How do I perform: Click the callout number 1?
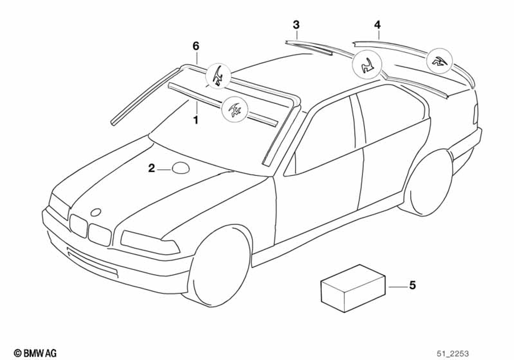coord(195,120)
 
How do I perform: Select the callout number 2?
coord(152,168)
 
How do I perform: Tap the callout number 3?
coord(296,25)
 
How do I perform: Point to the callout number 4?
coord(378,24)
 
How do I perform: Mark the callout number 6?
coord(195,46)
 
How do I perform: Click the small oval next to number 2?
coord(179,168)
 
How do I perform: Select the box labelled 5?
coord(353,288)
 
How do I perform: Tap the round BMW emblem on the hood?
coord(96,212)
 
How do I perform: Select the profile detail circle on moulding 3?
coord(366,65)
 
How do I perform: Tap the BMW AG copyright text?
coord(35,352)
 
